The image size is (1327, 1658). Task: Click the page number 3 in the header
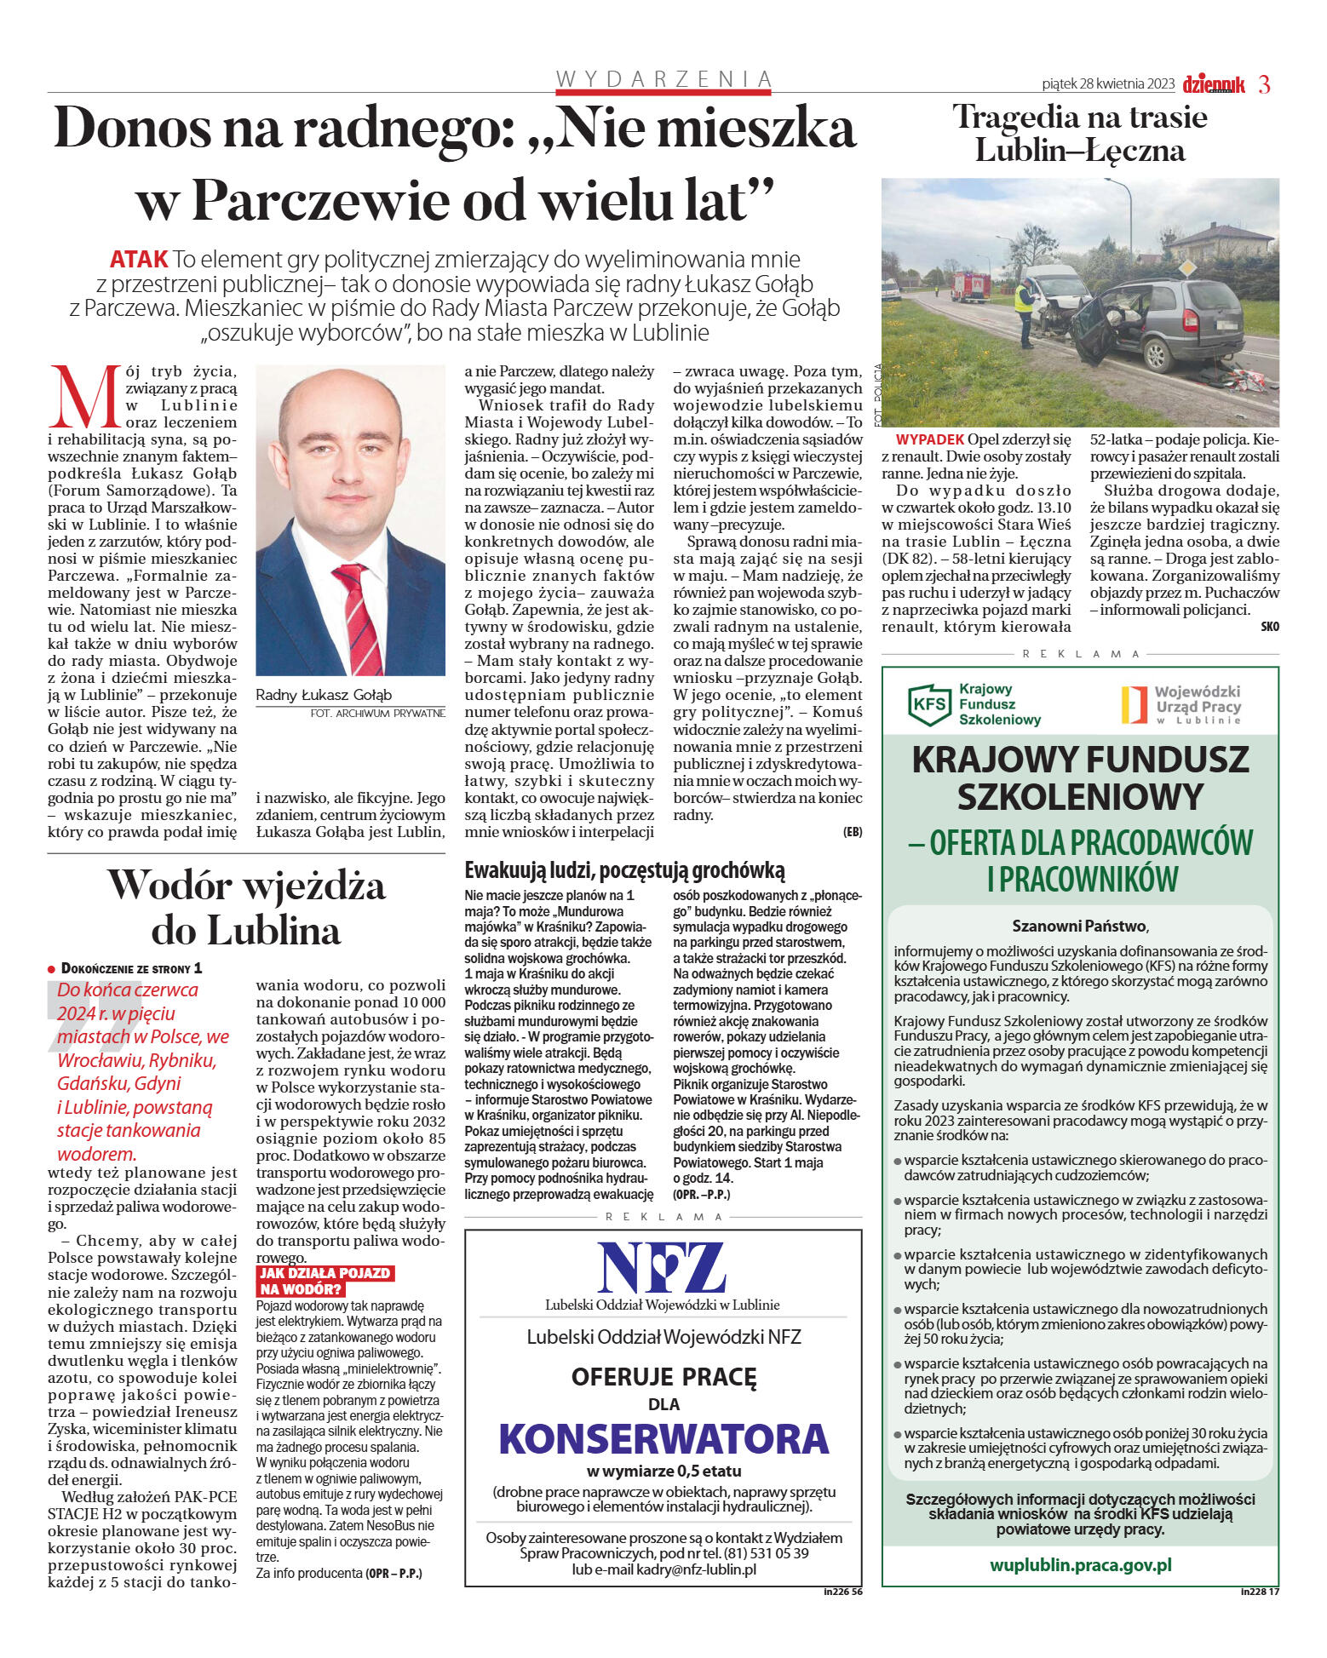[x=1264, y=84]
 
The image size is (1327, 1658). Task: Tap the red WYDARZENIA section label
[x=663, y=79]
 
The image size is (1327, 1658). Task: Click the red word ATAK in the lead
[x=138, y=259]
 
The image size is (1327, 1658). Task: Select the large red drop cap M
[x=85, y=397]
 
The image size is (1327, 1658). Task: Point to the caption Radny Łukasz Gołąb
[x=324, y=695]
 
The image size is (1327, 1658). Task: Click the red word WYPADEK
[x=930, y=439]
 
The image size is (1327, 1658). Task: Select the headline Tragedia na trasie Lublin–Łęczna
[x=1079, y=134]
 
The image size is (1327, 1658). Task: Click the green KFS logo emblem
[x=928, y=704]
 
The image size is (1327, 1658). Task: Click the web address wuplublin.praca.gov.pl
[x=1080, y=1565]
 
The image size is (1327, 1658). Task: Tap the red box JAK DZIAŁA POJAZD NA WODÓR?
[x=325, y=1281]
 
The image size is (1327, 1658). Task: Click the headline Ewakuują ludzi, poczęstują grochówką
[x=624, y=870]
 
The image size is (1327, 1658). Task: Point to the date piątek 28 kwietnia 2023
[x=1107, y=83]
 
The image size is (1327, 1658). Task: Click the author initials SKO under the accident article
[x=1269, y=627]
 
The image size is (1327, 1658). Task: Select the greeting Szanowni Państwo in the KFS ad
[x=1079, y=926]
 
